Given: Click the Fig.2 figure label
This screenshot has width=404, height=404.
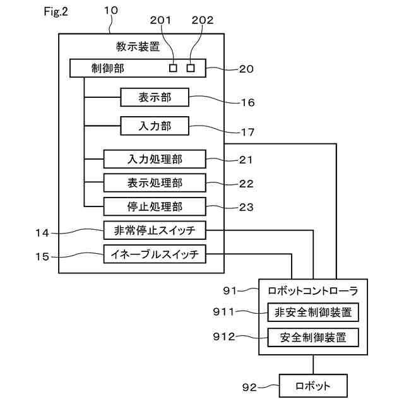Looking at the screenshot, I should tap(56, 13).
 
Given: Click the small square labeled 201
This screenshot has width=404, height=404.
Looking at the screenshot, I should tap(174, 68).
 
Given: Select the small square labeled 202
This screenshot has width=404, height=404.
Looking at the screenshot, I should tap(190, 68).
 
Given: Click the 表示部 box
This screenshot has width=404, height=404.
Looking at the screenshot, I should tap(155, 97).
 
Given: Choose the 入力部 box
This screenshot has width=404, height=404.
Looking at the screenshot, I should tap(155, 126).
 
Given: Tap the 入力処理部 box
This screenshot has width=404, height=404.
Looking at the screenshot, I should tap(155, 158).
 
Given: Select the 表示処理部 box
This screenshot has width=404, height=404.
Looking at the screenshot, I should tap(155, 182).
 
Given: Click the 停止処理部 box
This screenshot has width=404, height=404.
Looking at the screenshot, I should tap(155, 206).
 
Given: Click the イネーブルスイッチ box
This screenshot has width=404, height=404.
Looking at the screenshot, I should tap(155, 255).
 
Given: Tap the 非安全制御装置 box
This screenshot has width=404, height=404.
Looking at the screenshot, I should tap(312, 312).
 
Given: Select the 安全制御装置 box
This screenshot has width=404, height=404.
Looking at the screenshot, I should tap(312, 337).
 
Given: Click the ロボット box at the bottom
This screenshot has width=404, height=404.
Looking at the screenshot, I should tap(313, 384).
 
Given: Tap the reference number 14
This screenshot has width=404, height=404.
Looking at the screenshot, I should tap(42, 232).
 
